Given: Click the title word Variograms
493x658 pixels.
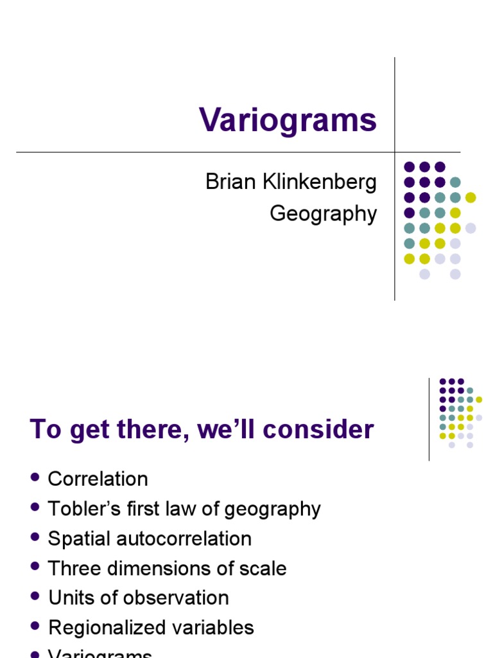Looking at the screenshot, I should pos(288,120).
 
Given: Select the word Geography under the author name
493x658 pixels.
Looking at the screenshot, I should pos(323,213).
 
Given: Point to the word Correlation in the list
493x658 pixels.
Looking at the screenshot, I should pos(98,479).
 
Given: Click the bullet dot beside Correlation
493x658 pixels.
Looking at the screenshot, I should pos(35,477).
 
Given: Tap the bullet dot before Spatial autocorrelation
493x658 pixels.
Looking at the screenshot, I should pos(35,537).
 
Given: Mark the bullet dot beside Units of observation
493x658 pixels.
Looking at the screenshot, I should pos(35,596).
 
